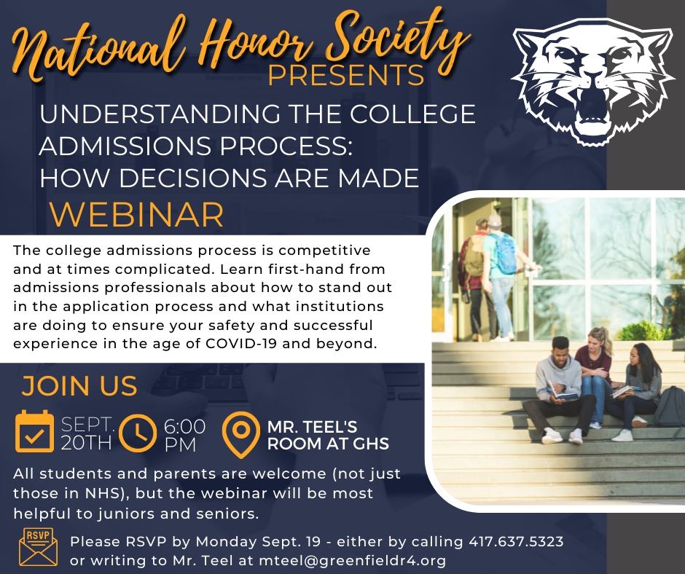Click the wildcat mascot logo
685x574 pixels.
[x=592, y=81]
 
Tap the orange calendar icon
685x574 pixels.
[x=34, y=431]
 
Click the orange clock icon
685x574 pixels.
[x=138, y=433]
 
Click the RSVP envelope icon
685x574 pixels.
[x=38, y=547]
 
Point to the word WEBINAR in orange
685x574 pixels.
[x=136, y=214]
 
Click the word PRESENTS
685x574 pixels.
[x=346, y=75]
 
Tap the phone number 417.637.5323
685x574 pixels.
[x=516, y=542]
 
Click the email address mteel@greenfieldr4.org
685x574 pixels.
[x=353, y=560]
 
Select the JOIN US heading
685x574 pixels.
[x=79, y=386]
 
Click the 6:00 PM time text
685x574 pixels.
[x=184, y=436]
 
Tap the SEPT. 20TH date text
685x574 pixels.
[x=87, y=433]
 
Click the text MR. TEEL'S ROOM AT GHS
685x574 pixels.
[x=328, y=435]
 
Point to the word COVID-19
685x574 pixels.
[x=241, y=344]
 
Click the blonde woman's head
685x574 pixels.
[x=598, y=337]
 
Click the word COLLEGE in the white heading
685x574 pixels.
[x=412, y=114]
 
